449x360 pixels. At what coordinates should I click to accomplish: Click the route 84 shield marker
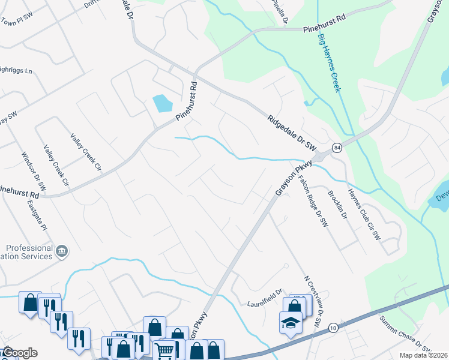click(x=337, y=148)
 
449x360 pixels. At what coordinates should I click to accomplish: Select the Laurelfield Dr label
click(x=264, y=304)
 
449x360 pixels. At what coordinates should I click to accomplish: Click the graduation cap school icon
click(x=291, y=322)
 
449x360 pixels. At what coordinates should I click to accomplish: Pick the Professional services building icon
click(x=62, y=251)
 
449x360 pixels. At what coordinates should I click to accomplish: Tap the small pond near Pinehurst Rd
click(x=162, y=103)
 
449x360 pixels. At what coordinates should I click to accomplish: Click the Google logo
click(x=20, y=353)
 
